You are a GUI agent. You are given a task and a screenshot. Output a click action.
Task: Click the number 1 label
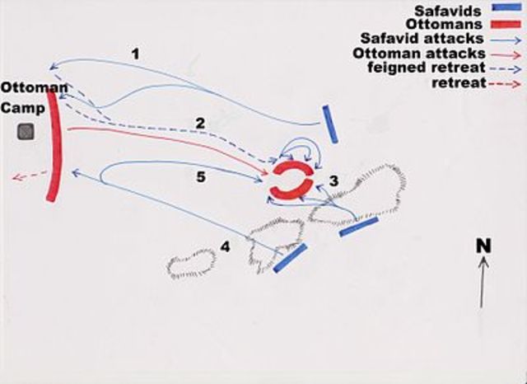[135, 54]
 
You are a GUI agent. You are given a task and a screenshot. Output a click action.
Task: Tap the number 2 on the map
[200, 124]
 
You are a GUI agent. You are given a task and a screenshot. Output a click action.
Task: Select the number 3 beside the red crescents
[333, 181]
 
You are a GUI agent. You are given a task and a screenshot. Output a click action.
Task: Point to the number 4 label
[225, 247]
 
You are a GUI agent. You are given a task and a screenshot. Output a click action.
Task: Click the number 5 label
[201, 177]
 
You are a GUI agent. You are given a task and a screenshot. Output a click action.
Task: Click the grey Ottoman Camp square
[26, 132]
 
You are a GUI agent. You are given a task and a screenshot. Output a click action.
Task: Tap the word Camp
[23, 108]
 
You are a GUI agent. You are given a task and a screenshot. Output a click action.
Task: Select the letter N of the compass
[483, 246]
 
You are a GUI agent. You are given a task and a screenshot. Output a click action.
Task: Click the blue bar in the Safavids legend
[507, 7]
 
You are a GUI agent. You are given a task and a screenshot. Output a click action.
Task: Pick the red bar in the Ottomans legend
[506, 24]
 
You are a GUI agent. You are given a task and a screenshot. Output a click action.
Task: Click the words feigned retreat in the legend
[427, 68]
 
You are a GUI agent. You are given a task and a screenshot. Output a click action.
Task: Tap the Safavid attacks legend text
[422, 39]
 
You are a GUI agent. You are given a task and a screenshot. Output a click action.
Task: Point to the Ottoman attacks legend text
[419, 53]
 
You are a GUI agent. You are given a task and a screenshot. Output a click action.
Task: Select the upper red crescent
[293, 167]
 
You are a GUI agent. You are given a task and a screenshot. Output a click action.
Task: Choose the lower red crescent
[291, 193]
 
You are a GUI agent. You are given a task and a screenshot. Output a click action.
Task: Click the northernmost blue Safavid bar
[330, 124]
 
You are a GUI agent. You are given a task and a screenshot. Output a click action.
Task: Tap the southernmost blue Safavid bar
[290, 258]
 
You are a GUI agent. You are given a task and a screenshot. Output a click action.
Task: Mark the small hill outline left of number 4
[192, 264]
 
